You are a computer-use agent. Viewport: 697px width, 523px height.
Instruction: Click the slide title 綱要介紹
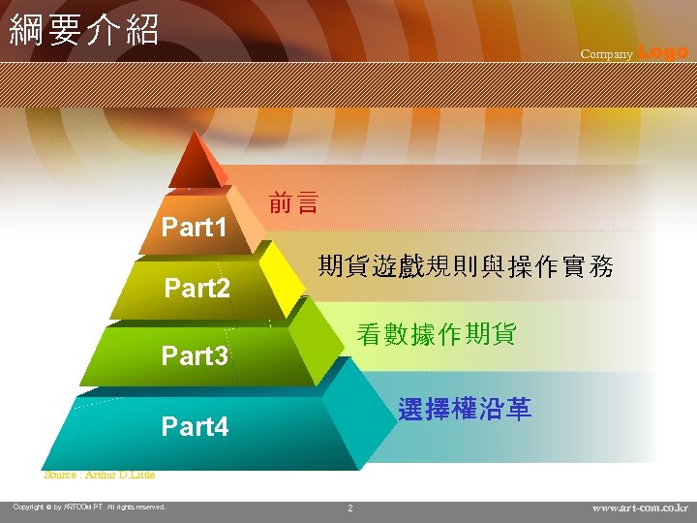pos(83,30)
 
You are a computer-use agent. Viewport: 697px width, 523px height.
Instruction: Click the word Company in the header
pos(606,54)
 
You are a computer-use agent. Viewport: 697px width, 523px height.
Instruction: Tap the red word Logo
pos(663,52)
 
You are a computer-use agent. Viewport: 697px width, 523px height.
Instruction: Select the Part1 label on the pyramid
pos(195,229)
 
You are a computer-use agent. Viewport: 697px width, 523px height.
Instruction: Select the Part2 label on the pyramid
pos(197,289)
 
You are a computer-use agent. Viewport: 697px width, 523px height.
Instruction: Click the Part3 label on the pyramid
pos(195,356)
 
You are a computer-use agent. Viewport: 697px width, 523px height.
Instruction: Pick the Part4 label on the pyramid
pos(195,426)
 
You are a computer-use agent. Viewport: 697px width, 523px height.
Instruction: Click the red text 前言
pos(293,204)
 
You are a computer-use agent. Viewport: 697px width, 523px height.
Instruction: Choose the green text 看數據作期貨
pos(437,335)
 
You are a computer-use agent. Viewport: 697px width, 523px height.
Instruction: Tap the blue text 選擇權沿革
pos(465,410)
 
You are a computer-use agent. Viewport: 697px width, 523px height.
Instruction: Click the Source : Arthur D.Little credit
pos(100,475)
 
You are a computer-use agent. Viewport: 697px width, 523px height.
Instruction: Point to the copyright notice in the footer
pos(89,507)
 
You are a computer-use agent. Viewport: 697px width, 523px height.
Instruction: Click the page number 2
pos(350,508)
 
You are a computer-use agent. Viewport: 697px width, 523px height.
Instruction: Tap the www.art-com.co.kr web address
pos(640,508)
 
